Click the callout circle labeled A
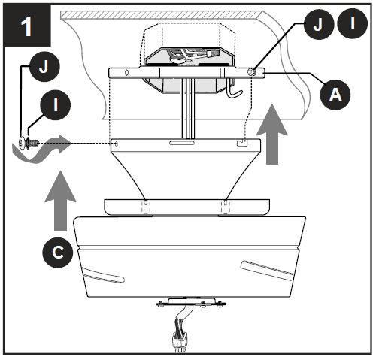coord(336,93)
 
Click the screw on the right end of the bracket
coord(251,71)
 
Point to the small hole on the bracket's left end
coord(126,74)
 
